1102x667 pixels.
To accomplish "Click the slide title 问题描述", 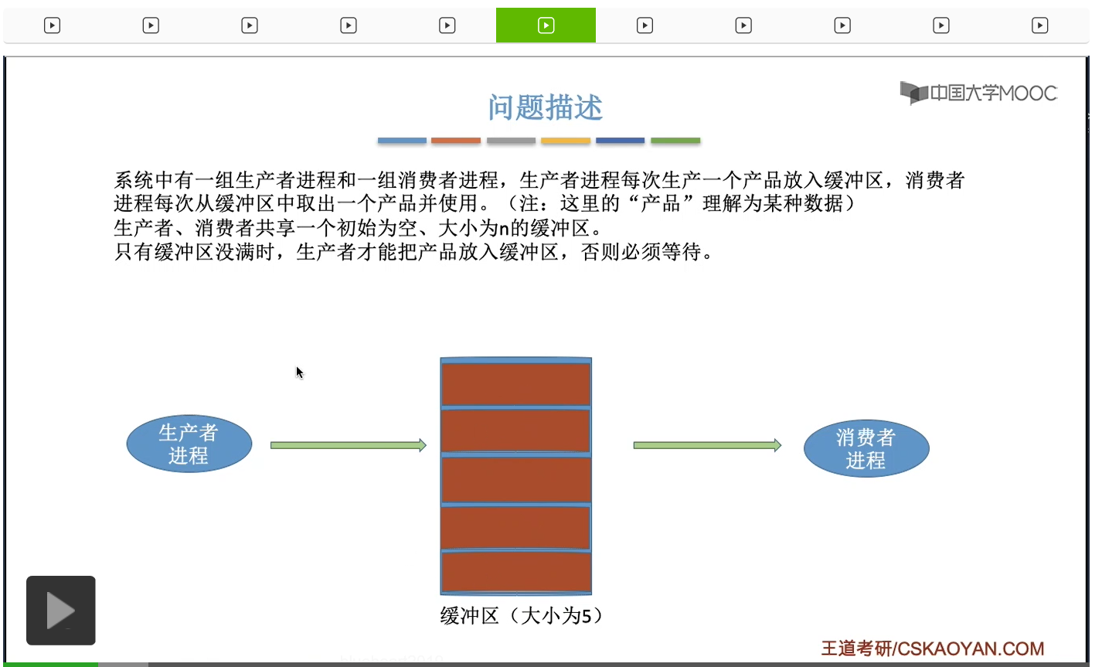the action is pyautogui.click(x=545, y=107).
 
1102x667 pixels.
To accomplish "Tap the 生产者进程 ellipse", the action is pyautogui.click(x=189, y=444).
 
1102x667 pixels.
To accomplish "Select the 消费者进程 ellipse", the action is pyautogui.click(x=866, y=448).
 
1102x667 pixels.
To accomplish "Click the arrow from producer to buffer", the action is pyautogui.click(x=348, y=445).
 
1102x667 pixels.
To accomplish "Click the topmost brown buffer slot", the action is pyautogui.click(x=516, y=383).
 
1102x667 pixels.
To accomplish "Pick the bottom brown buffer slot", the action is pyautogui.click(x=516, y=572).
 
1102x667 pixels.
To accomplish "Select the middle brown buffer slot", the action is pyautogui.click(x=516, y=479).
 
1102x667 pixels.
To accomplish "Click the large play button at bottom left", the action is pyautogui.click(x=61, y=611).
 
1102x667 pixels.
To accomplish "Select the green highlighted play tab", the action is pyautogui.click(x=546, y=26).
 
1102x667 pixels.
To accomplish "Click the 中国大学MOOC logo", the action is pyautogui.click(x=978, y=94).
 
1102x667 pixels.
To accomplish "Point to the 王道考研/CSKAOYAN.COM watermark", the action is pyautogui.click(x=932, y=648).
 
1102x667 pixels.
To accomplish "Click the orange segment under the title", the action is pyautogui.click(x=456, y=141).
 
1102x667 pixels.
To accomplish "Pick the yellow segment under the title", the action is pyautogui.click(x=566, y=141).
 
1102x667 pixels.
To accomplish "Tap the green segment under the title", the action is pyautogui.click(x=675, y=141).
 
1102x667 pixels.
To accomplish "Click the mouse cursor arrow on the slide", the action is pyautogui.click(x=299, y=373).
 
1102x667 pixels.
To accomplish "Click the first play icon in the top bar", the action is pyautogui.click(x=52, y=26).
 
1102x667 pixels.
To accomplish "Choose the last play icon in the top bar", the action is pyautogui.click(x=1040, y=26).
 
